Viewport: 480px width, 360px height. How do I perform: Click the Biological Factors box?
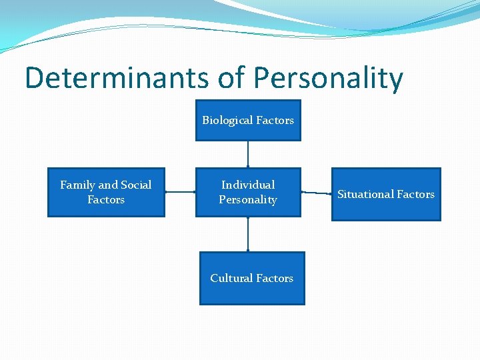(248, 121)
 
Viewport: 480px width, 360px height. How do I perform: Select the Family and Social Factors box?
(106, 193)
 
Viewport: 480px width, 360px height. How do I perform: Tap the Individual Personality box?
(248, 193)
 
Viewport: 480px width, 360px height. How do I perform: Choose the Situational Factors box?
(385, 194)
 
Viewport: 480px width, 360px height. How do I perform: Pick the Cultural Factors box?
(252, 279)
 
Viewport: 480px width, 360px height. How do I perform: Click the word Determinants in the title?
(117, 79)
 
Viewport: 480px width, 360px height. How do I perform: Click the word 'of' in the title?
(231, 79)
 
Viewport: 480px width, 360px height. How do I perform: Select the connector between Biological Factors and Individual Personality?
(248, 154)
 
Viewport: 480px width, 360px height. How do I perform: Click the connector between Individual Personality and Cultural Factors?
(248, 234)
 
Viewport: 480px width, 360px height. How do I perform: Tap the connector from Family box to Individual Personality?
(180, 192)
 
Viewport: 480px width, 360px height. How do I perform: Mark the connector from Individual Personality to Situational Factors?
(317, 193)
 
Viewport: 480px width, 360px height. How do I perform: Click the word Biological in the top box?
(227, 121)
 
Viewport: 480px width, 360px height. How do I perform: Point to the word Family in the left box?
(78, 185)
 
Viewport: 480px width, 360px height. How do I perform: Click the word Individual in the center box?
(248, 185)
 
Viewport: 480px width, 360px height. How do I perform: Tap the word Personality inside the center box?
(248, 200)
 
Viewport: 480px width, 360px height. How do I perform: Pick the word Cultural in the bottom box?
(231, 278)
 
